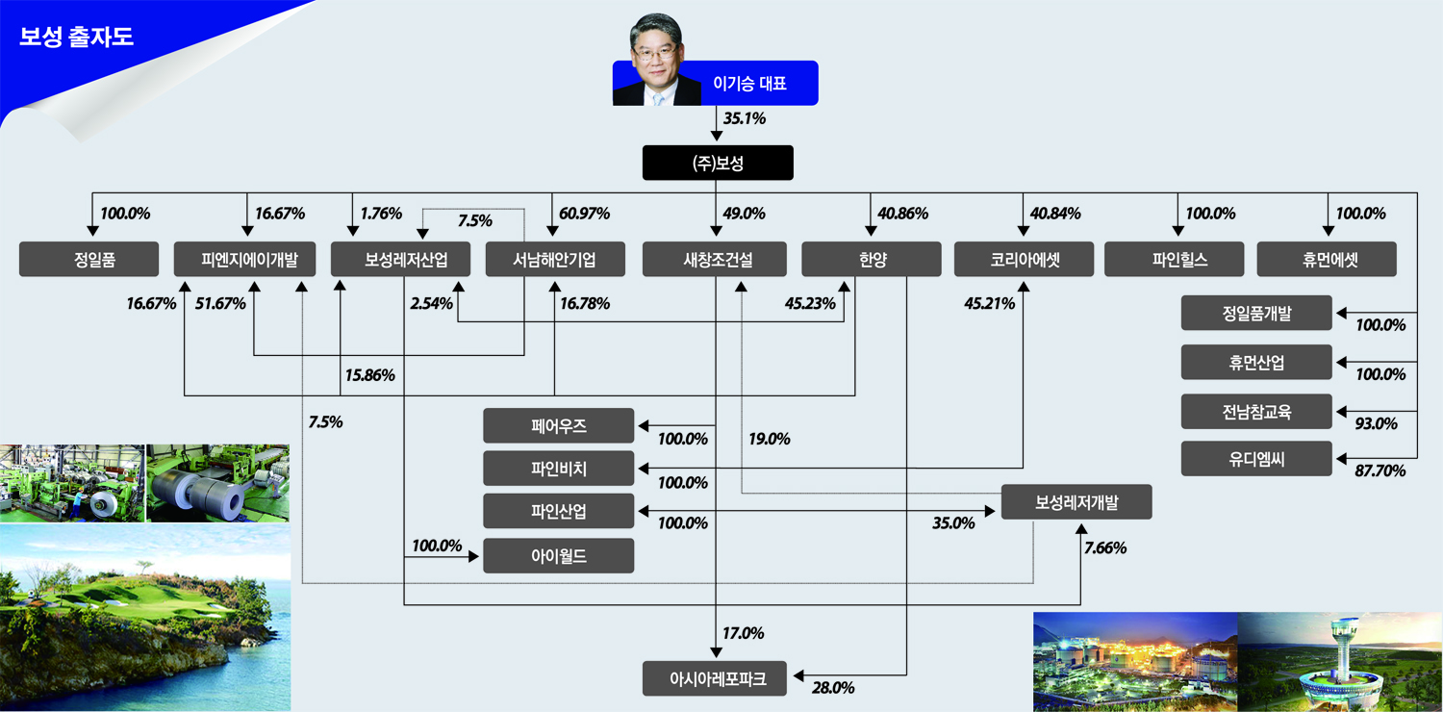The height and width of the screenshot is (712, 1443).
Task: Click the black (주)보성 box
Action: pos(718,164)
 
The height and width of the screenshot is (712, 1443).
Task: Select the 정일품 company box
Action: pos(89,260)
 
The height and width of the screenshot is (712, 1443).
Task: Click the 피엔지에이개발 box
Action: pos(244,260)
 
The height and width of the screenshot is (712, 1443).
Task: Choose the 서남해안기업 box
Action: pos(554,260)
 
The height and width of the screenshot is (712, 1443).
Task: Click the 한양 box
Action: pos(871,260)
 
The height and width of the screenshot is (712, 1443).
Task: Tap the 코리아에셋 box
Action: pos(1025,260)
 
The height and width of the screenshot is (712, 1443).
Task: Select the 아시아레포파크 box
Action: pos(715,678)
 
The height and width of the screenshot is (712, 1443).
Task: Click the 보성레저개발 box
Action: pos(1076,502)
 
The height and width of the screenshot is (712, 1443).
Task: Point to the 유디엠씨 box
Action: pos(1256,459)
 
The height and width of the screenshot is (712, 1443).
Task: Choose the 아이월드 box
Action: pos(558,555)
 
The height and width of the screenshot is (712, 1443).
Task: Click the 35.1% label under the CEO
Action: pos(744,119)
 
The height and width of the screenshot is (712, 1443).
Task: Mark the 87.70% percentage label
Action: pos(1380,470)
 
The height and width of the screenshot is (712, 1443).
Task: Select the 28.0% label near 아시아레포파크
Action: pos(833,688)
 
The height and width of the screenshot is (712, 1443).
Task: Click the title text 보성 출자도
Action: pos(76,38)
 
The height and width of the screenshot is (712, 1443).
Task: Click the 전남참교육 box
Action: pos(1256,412)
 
